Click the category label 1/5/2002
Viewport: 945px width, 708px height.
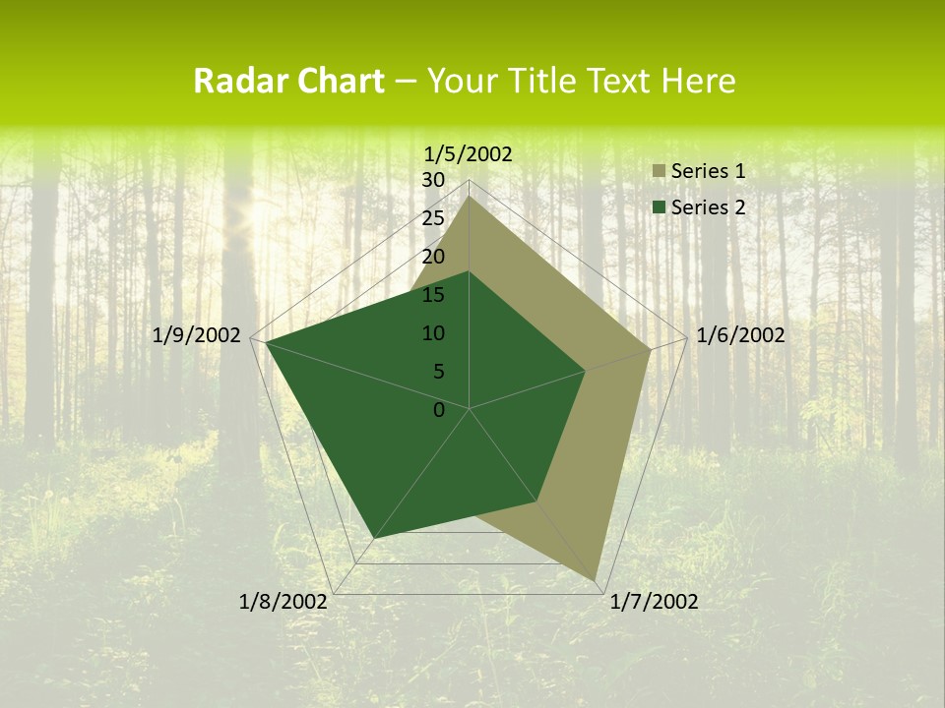[468, 153]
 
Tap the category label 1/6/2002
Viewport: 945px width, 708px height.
[740, 335]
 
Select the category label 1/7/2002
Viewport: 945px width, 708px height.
[654, 602]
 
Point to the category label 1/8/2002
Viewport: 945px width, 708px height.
[283, 602]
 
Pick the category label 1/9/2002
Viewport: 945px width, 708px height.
[197, 335]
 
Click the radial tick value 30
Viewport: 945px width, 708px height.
[433, 180]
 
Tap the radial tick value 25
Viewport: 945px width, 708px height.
[433, 218]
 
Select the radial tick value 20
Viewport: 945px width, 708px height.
[433, 257]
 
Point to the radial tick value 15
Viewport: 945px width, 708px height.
[433, 295]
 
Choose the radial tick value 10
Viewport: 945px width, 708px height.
[433, 333]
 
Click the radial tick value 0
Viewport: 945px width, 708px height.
[439, 410]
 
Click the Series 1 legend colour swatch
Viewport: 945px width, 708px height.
[659, 172]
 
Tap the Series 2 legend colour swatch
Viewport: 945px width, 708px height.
[659, 207]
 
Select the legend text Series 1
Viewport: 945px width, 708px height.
[708, 171]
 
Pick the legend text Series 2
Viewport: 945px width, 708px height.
[708, 207]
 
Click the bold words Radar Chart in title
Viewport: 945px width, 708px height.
[288, 82]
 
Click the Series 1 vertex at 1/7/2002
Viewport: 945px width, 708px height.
[596, 580]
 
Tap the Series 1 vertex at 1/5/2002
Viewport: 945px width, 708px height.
[470, 196]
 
